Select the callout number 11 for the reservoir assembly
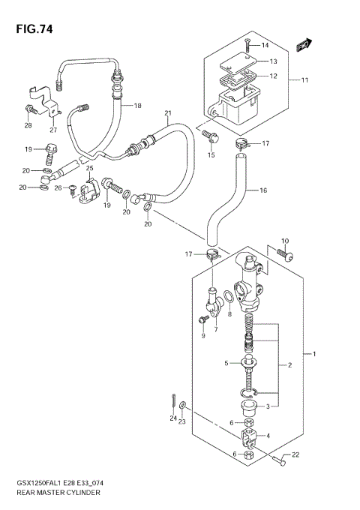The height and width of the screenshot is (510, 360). (305, 79)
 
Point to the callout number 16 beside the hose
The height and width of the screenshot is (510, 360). (262, 191)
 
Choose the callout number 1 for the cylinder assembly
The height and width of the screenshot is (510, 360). (315, 353)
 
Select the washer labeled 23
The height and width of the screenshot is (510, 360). (185, 412)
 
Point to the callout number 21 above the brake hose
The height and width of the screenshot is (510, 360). (168, 113)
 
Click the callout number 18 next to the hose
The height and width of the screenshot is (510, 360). (137, 106)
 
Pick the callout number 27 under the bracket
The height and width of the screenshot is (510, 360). (53, 129)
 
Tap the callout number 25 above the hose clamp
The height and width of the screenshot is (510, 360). (90, 169)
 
